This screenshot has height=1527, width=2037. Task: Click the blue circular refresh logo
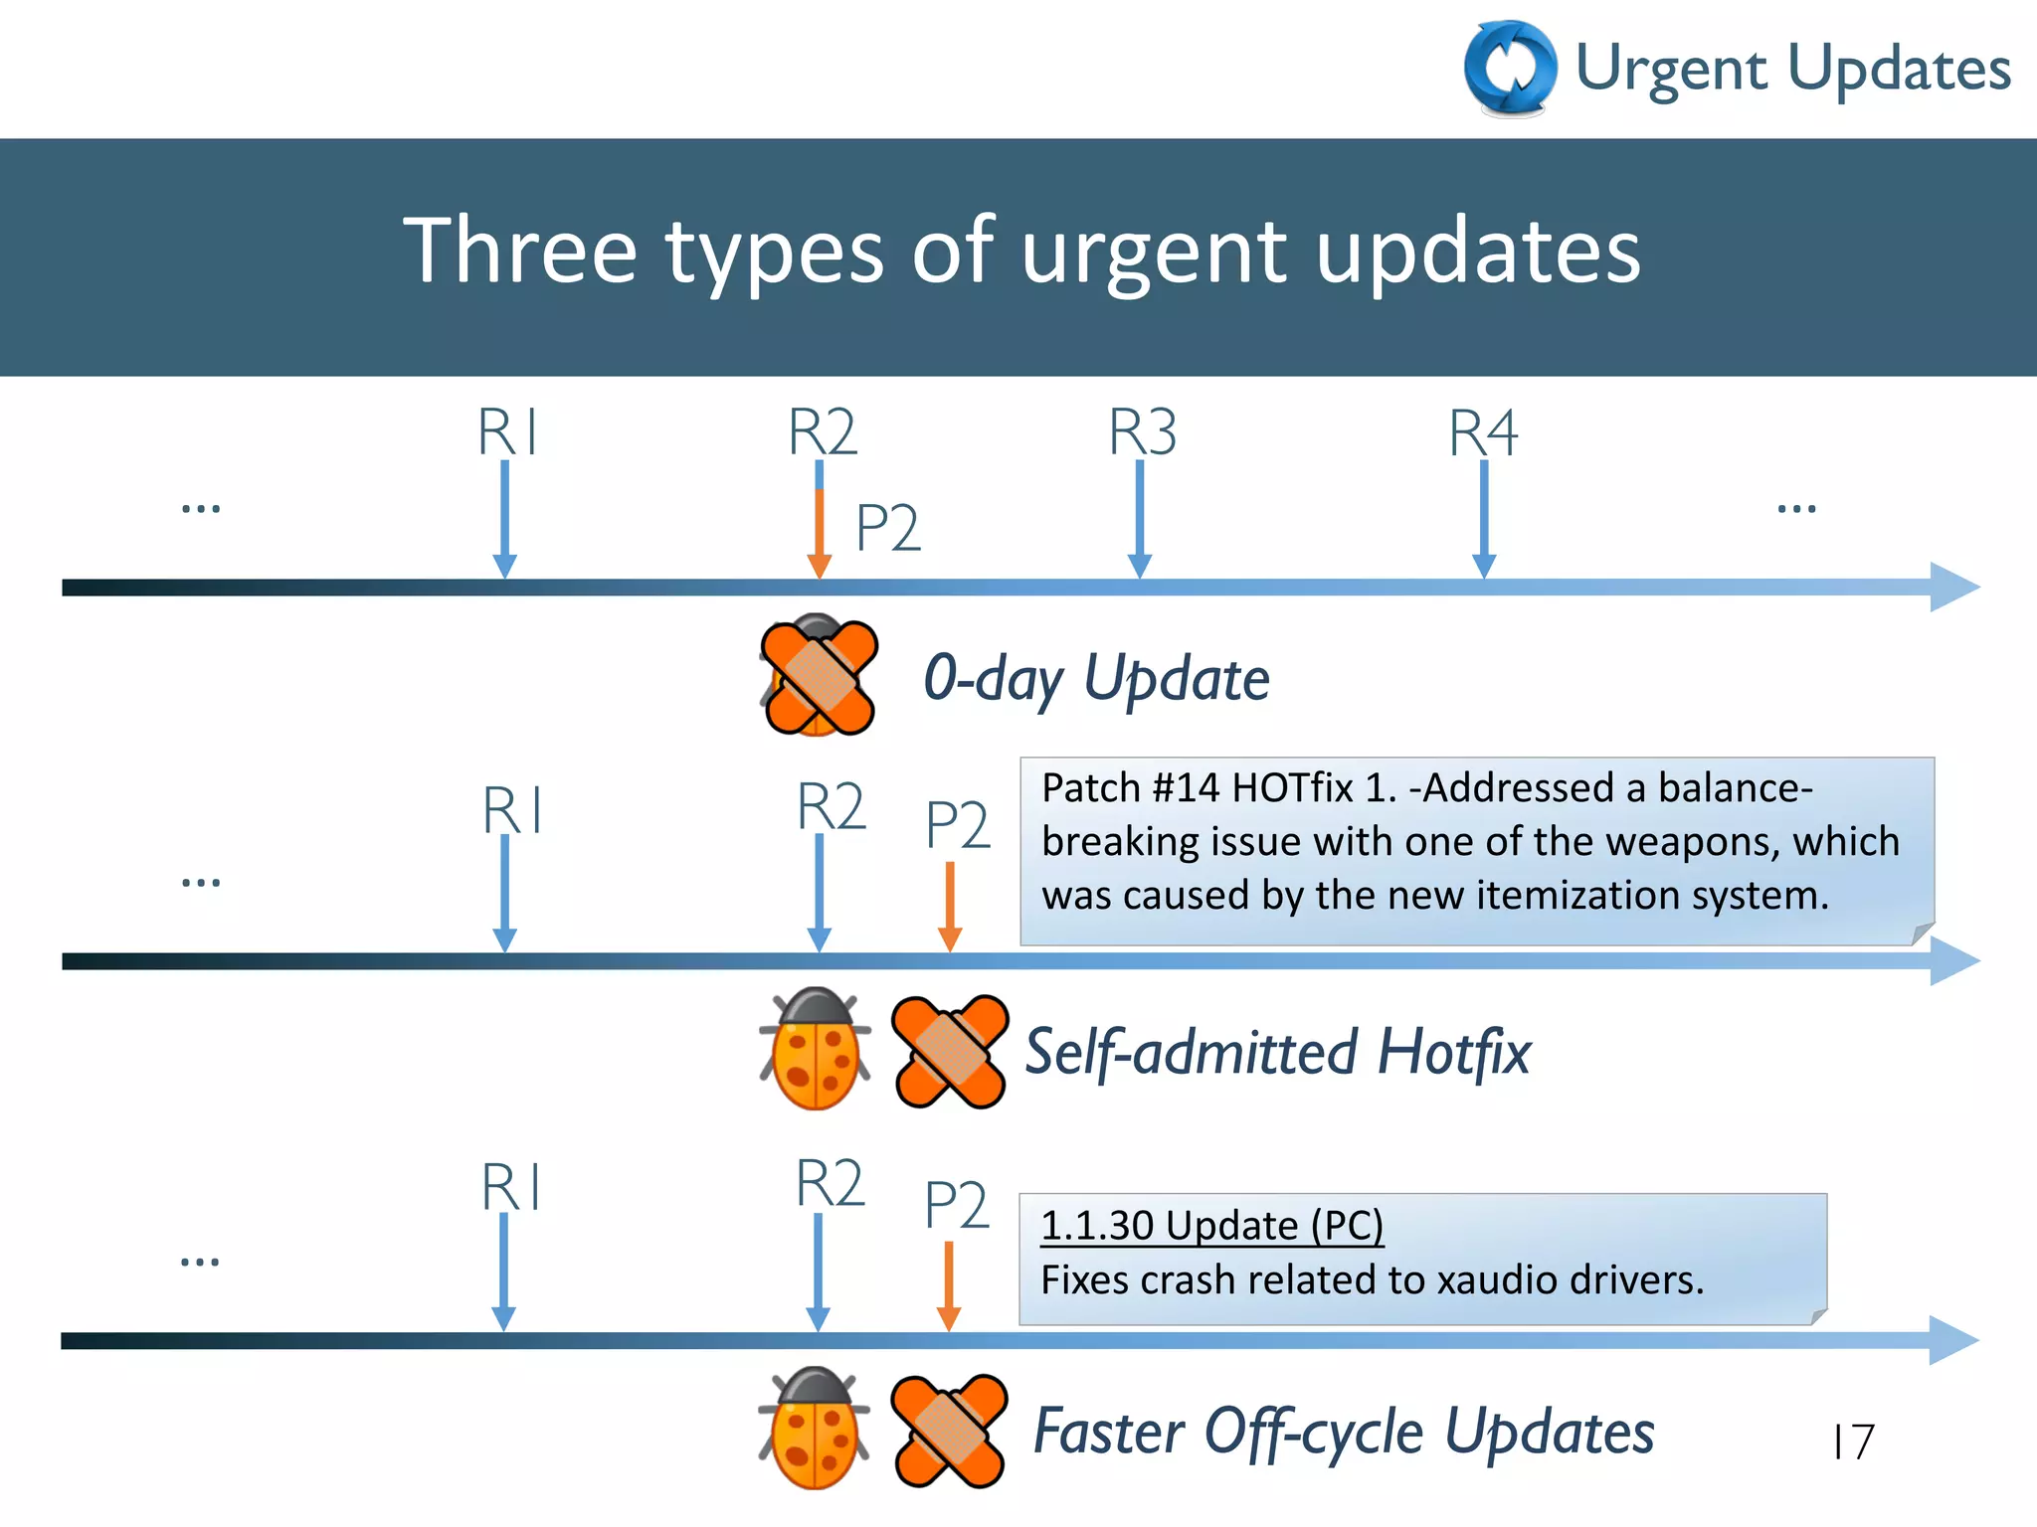pyautogui.click(x=1510, y=68)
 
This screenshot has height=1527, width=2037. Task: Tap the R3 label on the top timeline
pyautogui.click(x=1142, y=432)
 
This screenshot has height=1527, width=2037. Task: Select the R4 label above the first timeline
pyautogui.click(x=1482, y=433)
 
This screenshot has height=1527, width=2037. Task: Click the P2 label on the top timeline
pyautogui.click(x=887, y=528)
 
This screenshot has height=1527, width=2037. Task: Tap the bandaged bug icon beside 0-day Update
pyautogui.click(x=818, y=676)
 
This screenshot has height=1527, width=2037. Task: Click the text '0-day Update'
pyautogui.click(x=1096, y=679)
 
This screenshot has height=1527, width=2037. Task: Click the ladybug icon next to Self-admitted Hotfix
pyautogui.click(x=816, y=1049)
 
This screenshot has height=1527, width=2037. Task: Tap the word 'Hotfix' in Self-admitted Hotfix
pyautogui.click(x=1454, y=1052)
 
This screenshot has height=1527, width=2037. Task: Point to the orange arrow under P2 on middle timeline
pyautogui.click(x=950, y=905)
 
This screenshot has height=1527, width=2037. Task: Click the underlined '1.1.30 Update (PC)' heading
pyautogui.click(x=1211, y=1225)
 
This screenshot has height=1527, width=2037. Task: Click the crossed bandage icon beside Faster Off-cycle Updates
pyautogui.click(x=949, y=1432)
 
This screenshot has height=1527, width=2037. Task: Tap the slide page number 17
pyautogui.click(x=1853, y=1442)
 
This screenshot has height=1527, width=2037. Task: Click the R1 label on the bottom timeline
pyautogui.click(x=510, y=1187)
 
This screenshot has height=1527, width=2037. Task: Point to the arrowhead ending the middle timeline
pyautogui.click(x=1953, y=960)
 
